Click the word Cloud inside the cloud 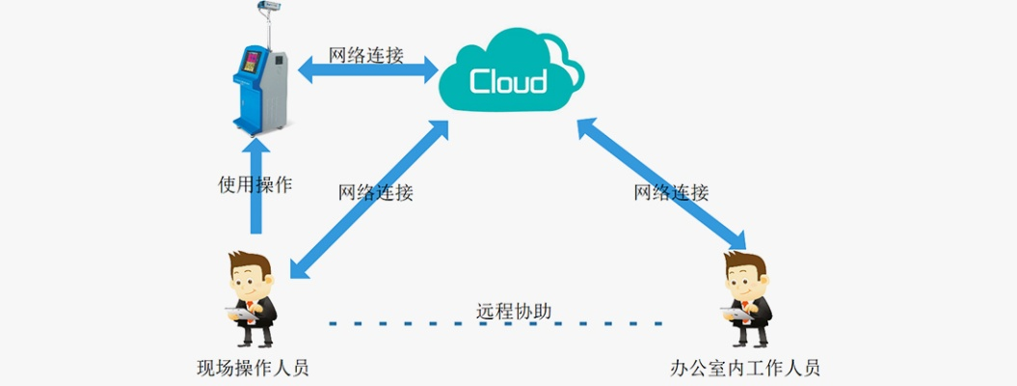508,81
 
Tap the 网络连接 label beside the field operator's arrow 375,192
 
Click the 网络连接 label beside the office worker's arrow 671,192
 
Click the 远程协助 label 514,311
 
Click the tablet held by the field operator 239,313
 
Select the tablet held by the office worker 737,313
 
